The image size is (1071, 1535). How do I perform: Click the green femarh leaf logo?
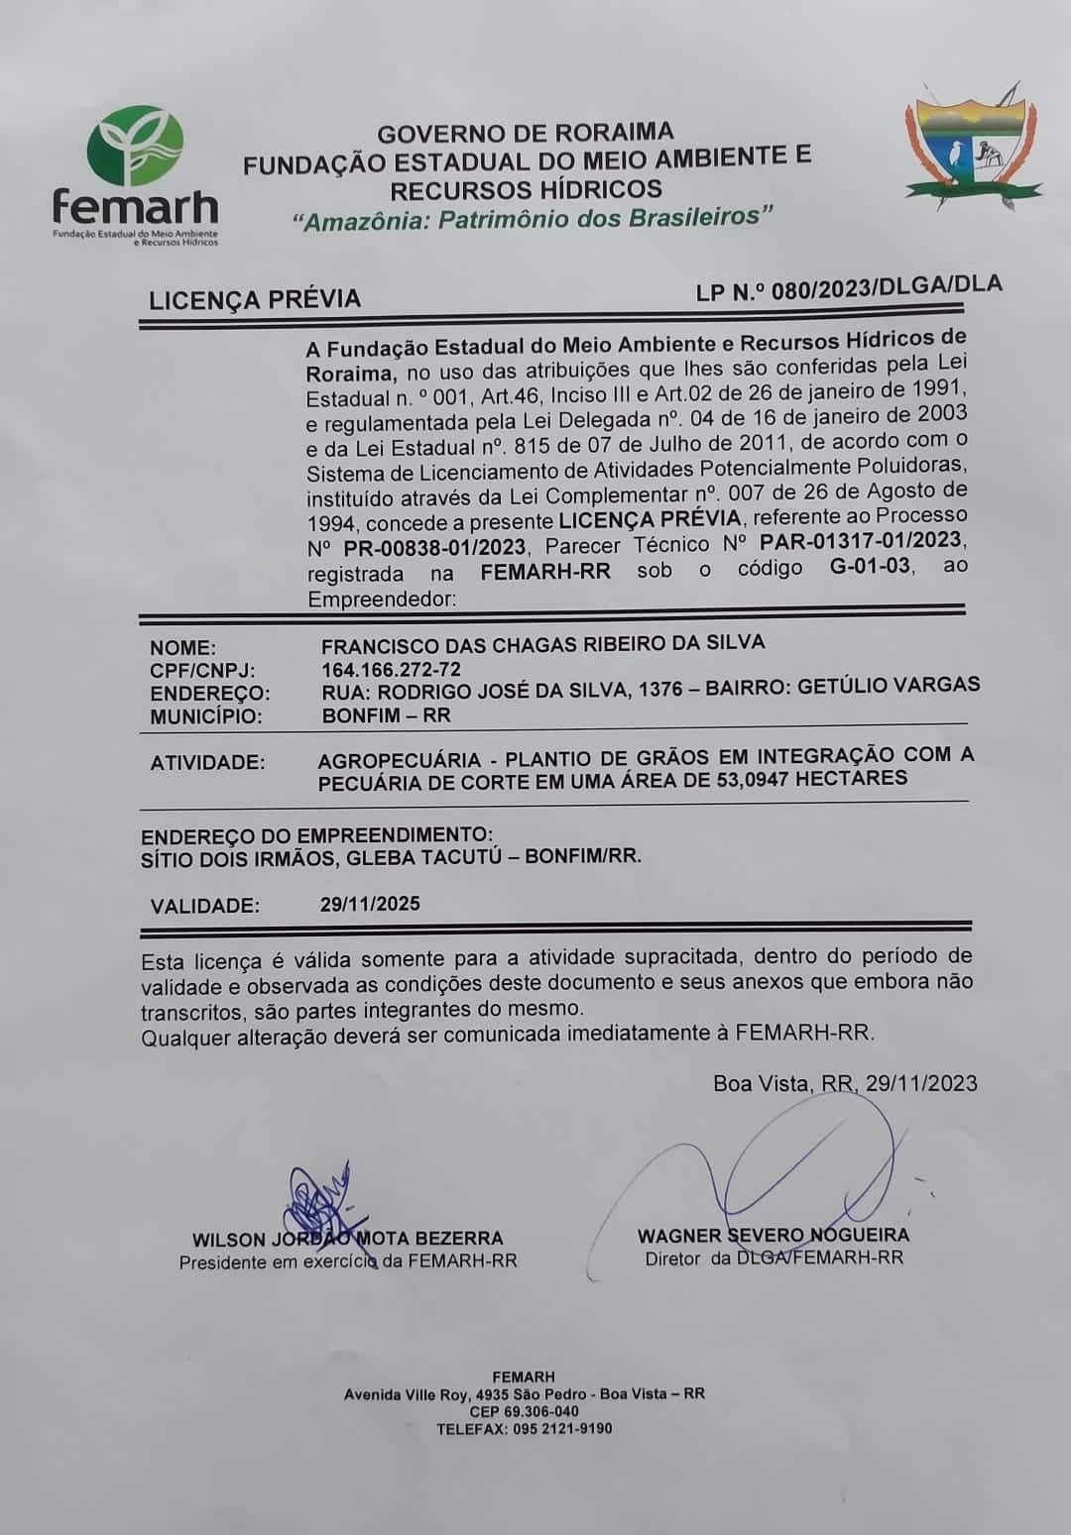pyautogui.click(x=136, y=147)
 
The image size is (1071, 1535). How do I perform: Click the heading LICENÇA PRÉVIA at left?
pyautogui.click(x=255, y=299)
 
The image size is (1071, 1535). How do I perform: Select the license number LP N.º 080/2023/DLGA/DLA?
pyautogui.click(x=849, y=287)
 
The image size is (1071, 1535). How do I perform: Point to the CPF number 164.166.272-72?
pyautogui.click(x=391, y=670)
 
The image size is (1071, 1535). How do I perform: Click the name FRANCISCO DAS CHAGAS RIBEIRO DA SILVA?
pyautogui.click(x=542, y=643)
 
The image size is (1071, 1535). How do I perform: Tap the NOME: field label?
pyautogui.click(x=182, y=648)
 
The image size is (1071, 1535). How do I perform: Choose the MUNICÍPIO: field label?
pyautogui.click(x=206, y=716)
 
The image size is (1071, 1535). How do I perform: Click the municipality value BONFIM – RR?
pyautogui.click(x=386, y=714)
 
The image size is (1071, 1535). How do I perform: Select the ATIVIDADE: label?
pyautogui.click(x=207, y=763)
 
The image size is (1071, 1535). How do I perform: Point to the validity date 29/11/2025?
pyautogui.click(x=370, y=904)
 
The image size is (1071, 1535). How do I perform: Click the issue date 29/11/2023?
pyautogui.click(x=921, y=1083)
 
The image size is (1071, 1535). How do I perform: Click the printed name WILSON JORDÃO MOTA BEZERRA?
pyautogui.click(x=347, y=1239)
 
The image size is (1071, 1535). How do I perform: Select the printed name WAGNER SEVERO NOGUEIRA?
pyautogui.click(x=773, y=1235)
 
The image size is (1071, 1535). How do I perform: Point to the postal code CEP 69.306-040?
pyautogui.click(x=524, y=1411)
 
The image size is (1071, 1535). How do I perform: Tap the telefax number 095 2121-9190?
pyautogui.click(x=562, y=1428)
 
